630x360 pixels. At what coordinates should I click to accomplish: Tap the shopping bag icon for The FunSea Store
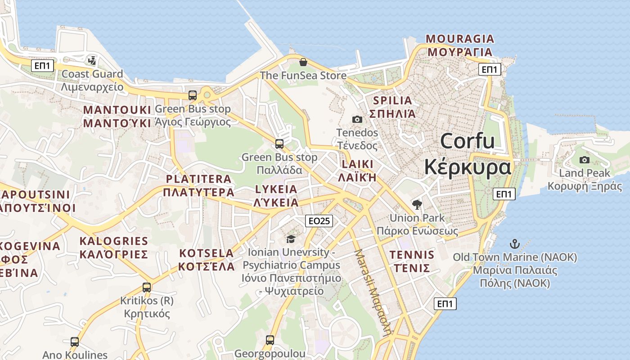303,62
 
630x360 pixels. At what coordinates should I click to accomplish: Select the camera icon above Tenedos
357,119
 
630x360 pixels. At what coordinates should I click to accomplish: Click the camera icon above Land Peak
584,160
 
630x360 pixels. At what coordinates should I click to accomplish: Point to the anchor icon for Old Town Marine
514,244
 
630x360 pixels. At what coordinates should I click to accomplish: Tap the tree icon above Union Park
417,205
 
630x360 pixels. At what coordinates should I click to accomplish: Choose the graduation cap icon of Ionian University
291,238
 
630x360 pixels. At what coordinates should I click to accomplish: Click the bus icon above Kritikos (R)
147,287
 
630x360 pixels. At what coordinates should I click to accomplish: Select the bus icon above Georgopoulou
270,340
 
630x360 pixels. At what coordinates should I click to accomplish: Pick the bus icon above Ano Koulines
75,342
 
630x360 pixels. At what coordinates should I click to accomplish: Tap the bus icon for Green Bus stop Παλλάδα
279,144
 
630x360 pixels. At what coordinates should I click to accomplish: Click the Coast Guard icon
92,60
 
